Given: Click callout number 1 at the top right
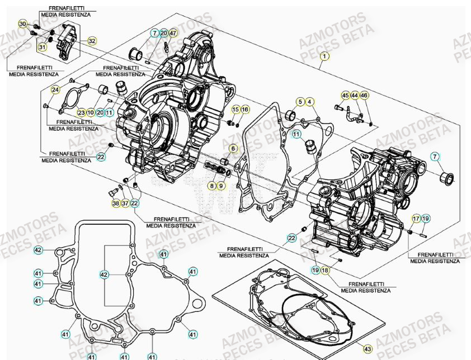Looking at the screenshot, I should [324, 56].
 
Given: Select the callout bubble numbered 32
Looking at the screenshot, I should [92, 41].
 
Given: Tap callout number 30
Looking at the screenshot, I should [22, 24].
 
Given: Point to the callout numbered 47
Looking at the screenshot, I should [172, 34].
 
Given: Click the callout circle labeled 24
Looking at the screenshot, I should [55, 90].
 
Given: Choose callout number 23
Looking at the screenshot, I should [82, 113].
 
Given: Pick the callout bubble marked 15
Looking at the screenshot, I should [235, 109].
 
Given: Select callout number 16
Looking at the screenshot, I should [244, 109].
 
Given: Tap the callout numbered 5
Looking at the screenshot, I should [300, 102].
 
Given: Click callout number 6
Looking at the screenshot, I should [234, 148].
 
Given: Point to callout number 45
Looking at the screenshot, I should [345, 96].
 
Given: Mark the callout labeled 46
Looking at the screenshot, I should [364, 96].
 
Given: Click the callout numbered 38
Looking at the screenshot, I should [116, 203].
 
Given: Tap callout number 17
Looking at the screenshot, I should [416, 218].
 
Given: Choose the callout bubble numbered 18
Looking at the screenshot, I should [326, 271].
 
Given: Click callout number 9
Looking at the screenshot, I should [221, 185].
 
